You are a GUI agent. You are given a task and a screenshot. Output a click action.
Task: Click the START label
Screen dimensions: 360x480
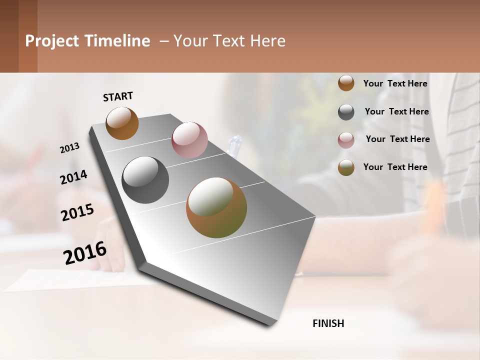coord(118,96)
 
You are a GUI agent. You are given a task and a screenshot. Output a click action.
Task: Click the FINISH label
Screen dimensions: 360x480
coord(328,323)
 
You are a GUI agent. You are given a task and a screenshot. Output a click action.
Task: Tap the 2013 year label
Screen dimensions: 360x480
coord(70,148)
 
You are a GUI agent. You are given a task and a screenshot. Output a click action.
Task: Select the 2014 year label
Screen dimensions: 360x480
coord(73,177)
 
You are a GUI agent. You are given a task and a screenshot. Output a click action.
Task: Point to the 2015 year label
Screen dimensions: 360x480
coord(77,212)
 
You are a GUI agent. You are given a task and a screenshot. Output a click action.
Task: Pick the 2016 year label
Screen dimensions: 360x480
coord(85,252)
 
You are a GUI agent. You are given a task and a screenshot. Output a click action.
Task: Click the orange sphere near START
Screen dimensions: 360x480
coord(122,123)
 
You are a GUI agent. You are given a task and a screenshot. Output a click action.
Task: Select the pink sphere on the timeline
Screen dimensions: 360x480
coord(189,139)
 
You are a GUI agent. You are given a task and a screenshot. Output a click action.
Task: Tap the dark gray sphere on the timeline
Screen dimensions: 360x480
coord(145,180)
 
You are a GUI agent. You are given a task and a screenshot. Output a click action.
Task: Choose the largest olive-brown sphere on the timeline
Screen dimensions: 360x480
coord(216,207)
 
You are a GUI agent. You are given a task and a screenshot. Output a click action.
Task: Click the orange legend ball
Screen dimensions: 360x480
coord(346,83)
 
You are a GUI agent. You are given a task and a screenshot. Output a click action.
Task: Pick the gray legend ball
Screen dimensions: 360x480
coord(346,112)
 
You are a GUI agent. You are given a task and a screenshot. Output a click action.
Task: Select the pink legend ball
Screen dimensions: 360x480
coord(346,140)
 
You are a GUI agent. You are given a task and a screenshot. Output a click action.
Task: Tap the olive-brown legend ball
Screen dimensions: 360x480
coord(346,167)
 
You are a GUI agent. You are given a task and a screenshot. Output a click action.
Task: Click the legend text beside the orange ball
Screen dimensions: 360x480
coord(395,83)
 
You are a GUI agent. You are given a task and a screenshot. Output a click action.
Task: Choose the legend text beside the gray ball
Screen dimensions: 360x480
coord(396,111)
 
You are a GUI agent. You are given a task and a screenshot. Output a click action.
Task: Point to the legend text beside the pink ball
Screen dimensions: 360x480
coord(397,139)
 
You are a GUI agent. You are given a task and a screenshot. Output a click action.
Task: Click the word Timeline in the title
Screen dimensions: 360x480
coord(117,41)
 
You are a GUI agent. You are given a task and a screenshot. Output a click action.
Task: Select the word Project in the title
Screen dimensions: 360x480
coord(52,41)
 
